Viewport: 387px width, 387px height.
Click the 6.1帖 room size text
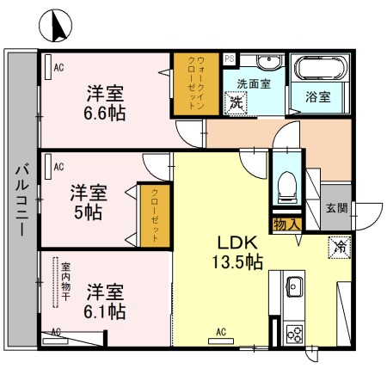tap(105, 310)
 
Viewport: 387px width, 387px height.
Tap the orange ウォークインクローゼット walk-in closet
tap(195, 85)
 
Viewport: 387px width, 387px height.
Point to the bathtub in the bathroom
tap(317, 69)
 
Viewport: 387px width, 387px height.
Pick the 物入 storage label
tap(286, 224)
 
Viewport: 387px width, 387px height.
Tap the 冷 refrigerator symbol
tap(338, 245)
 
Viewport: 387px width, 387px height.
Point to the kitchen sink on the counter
tap(292, 284)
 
